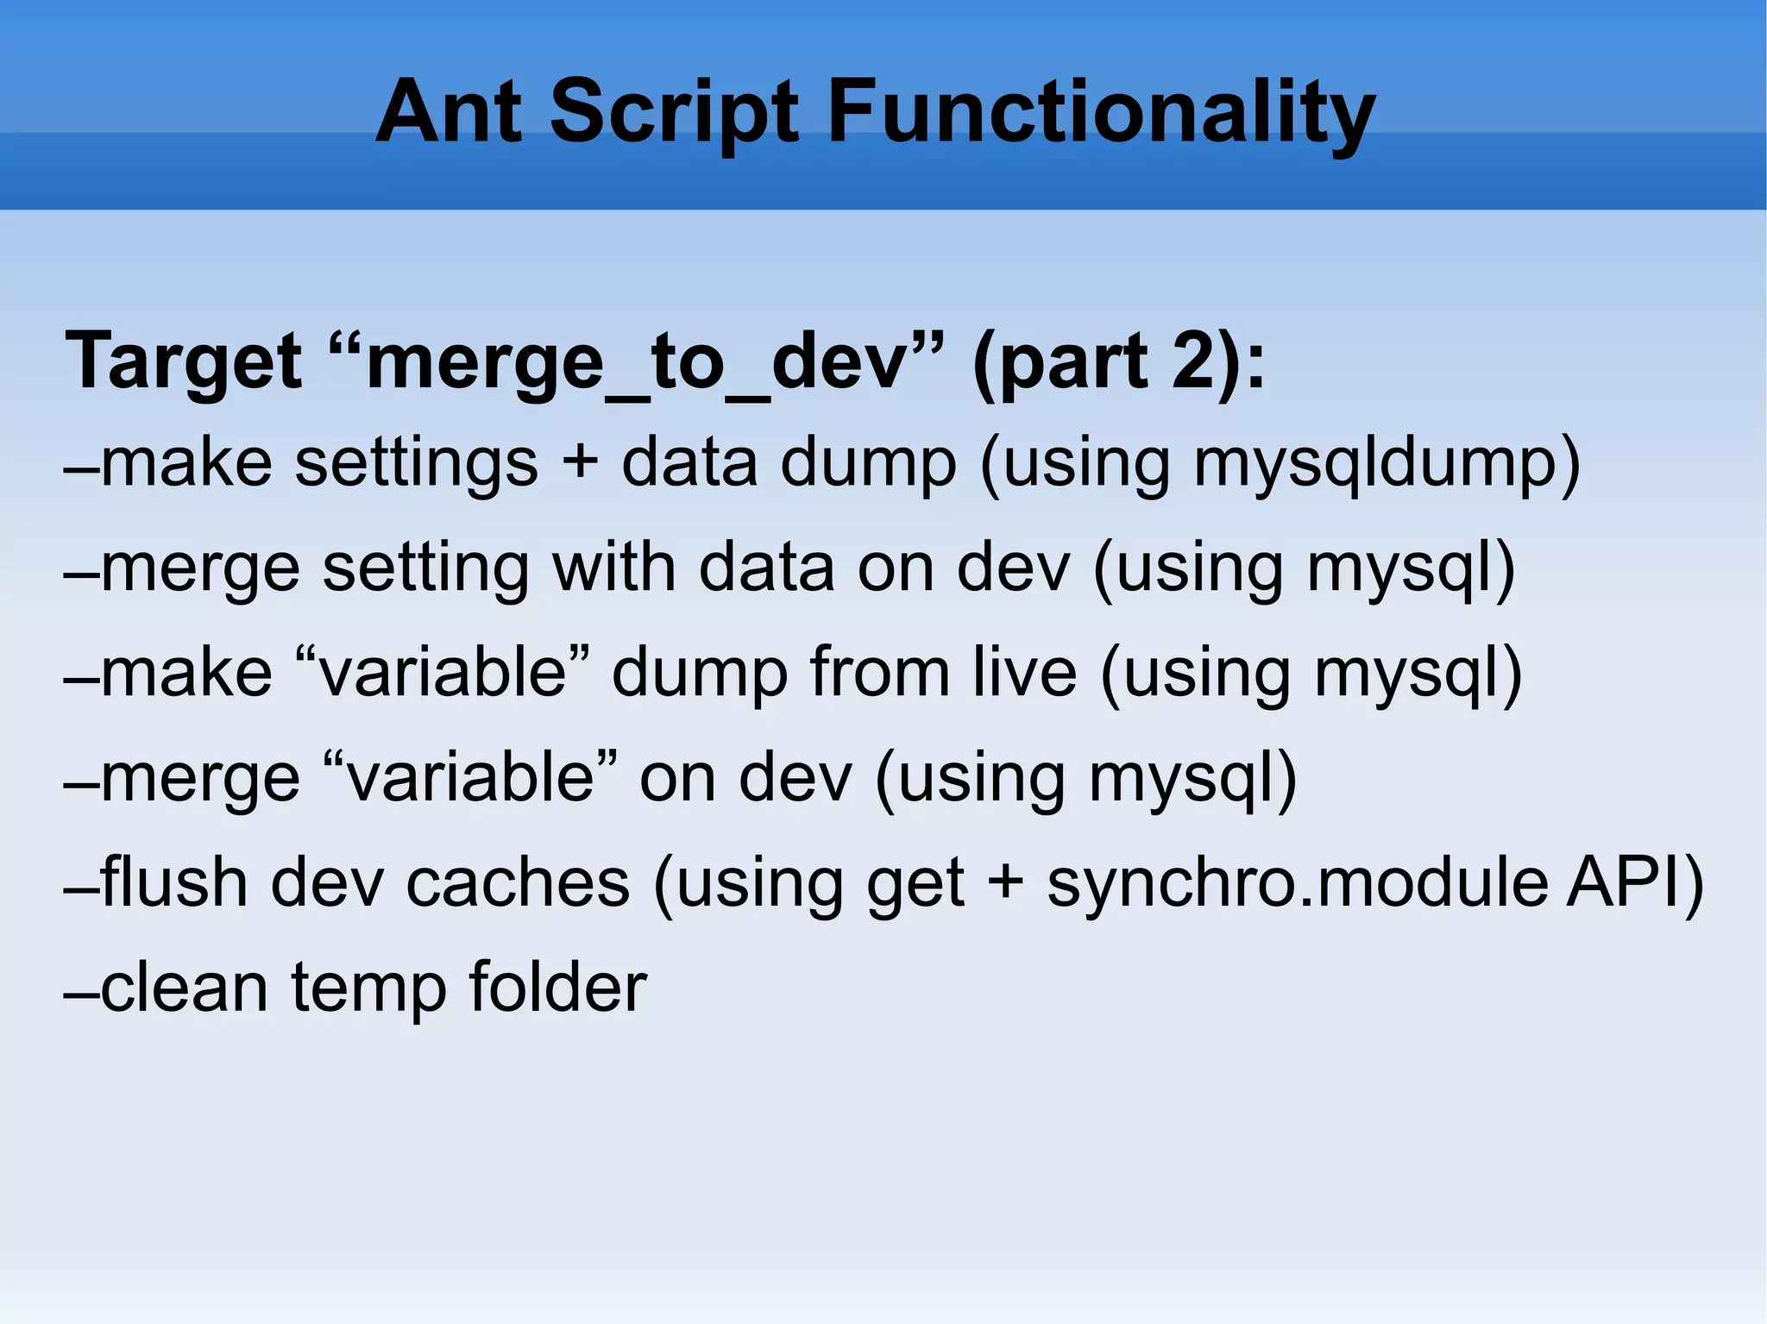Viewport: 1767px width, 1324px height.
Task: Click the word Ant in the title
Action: point(450,112)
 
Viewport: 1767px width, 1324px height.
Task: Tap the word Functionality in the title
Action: point(1101,112)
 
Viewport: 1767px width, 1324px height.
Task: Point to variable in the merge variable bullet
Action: point(470,777)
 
